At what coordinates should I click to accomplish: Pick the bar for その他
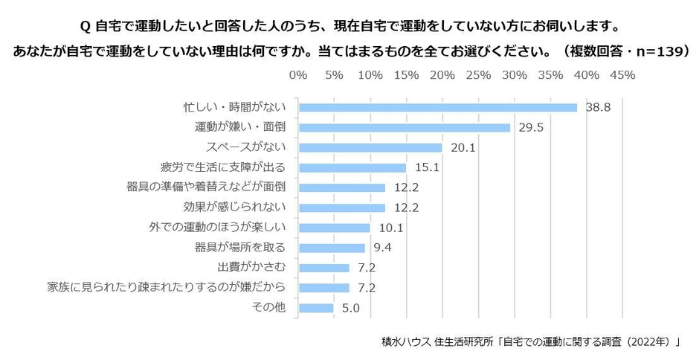pos(315,308)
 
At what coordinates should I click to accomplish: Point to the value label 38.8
pos(598,107)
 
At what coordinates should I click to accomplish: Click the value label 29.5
pos(531,127)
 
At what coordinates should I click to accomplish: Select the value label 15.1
pos(427,167)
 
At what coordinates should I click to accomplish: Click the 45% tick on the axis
pos(622,75)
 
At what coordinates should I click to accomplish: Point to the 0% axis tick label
pos(297,75)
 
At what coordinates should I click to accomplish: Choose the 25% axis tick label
pos(478,75)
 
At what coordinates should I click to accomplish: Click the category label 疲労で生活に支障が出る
pos(222,167)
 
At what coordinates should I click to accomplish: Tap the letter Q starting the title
pos(85,26)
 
